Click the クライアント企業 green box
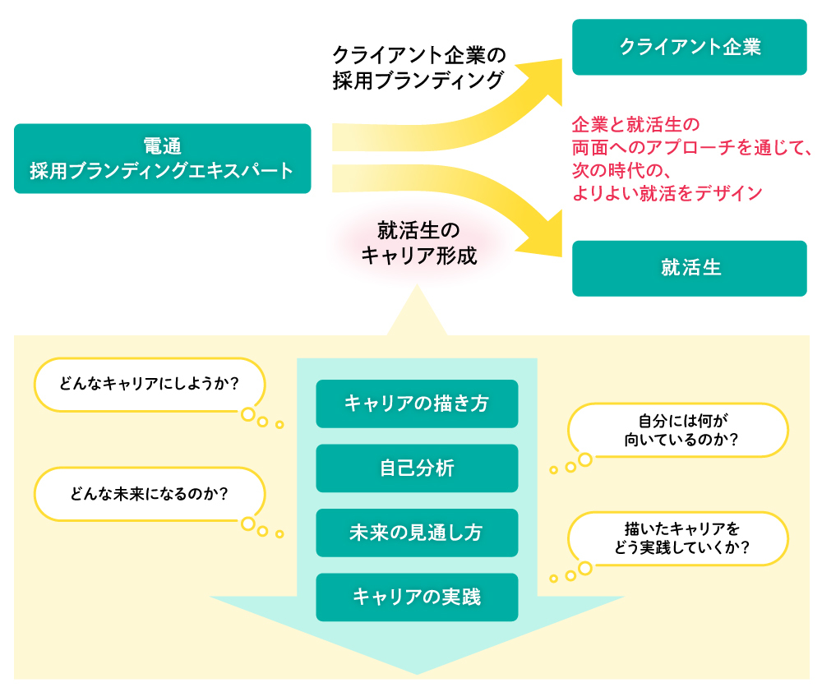point(689,47)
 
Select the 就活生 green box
point(689,268)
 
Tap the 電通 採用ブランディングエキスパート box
point(162,159)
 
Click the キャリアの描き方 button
point(417,404)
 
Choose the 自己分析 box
point(417,468)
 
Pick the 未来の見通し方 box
point(417,533)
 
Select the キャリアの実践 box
point(417,597)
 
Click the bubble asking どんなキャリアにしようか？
point(149,384)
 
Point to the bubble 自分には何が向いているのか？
point(678,430)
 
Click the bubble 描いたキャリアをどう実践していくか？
point(678,538)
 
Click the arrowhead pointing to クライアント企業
point(547,72)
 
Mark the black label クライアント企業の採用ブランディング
point(418,67)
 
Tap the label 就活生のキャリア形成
point(418,242)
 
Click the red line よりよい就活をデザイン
point(667,194)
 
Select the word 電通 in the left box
point(162,146)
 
